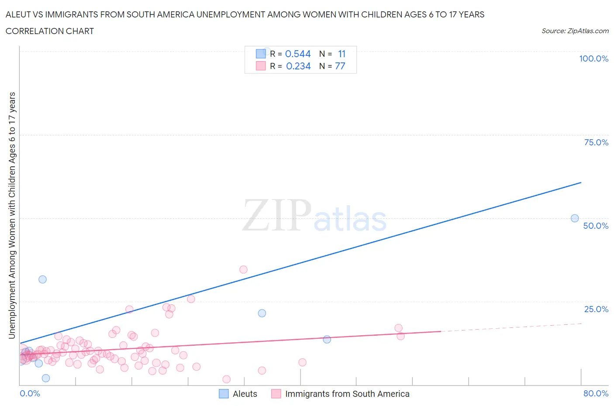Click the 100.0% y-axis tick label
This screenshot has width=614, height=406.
(593, 58)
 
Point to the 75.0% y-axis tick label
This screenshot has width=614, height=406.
(596, 142)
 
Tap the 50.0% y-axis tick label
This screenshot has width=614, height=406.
(596, 226)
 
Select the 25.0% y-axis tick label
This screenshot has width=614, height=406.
(596, 309)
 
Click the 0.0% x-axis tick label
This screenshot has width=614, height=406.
(30, 393)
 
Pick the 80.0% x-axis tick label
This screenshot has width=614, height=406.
(596, 393)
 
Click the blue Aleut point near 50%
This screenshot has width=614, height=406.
(575, 218)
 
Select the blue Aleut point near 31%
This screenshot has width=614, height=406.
(42, 279)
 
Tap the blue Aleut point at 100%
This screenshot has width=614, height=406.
(267, 51)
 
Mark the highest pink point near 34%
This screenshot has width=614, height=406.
(243, 269)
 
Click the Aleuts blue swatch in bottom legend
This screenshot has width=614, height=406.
(224, 394)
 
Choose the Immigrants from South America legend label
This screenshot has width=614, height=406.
(347, 394)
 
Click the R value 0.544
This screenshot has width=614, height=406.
(298, 54)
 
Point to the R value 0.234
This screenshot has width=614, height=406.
(298, 66)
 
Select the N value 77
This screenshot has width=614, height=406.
(340, 66)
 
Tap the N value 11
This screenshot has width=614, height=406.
(341, 54)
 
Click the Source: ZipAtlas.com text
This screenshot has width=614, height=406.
(575, 31)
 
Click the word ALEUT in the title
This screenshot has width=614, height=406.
(18, 14)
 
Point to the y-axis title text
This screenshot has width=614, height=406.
(12, 215)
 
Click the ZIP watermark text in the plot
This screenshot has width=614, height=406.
(276, 216)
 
